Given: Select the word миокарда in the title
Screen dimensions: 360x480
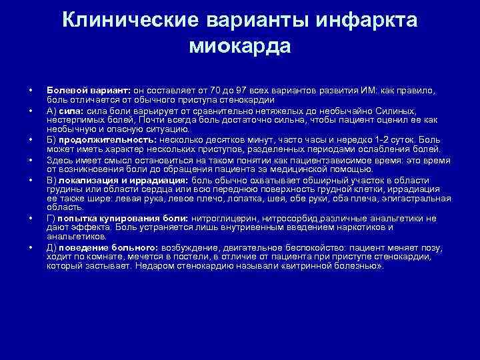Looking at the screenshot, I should click(x=240, y=46).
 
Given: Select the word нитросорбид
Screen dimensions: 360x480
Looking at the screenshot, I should click(x=285, y=218).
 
